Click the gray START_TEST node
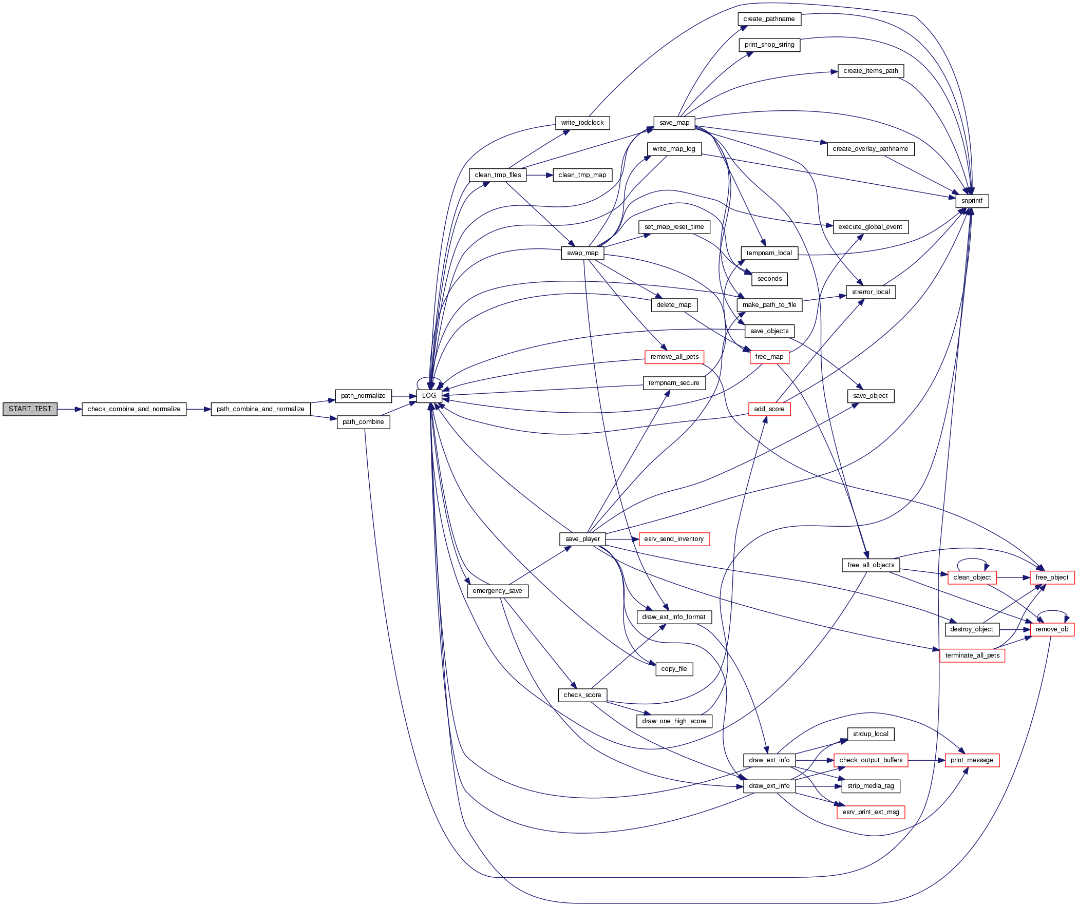point(30,409)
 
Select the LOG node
point(429,396)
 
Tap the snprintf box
point(972,201)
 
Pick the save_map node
point(674,123)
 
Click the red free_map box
point(769,357)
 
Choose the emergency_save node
point(497,591)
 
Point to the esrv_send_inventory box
point(674,539)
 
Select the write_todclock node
point(582,123)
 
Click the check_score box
point(582,696)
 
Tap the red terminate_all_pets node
point(972,656)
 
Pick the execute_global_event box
point(870,227)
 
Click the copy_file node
point(674,669)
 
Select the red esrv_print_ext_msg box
point(871,813)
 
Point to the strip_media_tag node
point(871,786)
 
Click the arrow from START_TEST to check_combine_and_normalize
point(69,409)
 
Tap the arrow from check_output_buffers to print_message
point(926,761)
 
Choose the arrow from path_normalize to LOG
point(404,396)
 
